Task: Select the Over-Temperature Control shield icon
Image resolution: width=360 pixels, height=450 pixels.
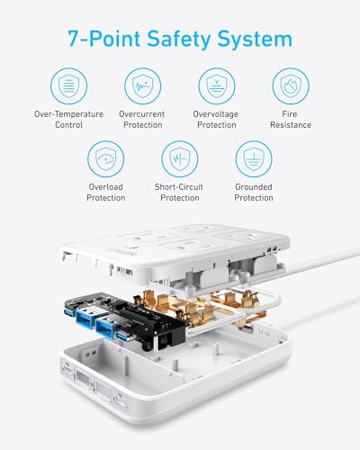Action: coord(69,85)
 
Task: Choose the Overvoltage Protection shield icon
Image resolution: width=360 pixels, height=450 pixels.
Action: coord(216,85)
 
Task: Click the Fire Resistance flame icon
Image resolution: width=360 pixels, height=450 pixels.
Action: coord(291,85)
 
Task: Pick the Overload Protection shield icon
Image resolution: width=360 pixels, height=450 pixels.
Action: coord(106,159)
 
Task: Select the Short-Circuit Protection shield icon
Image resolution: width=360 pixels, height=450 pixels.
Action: coord(180,159)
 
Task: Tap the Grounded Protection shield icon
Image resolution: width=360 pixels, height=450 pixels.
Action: coord(254,159)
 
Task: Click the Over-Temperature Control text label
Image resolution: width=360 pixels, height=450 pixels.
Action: coord(69,119)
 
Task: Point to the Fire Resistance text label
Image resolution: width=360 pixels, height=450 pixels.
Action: coord(291,119)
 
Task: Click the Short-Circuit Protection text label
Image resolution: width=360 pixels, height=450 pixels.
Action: coord(180,192)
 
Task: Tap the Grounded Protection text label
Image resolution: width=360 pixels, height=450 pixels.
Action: coord(254,192)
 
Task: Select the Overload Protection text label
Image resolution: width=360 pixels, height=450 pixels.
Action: coord(106,192)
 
